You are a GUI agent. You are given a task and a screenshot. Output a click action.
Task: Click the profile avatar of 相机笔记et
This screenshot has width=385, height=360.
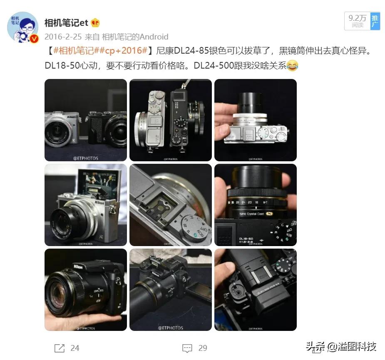[x=23, y=27]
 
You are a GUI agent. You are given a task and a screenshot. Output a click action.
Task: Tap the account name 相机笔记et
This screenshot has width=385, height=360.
[x=66, y=23]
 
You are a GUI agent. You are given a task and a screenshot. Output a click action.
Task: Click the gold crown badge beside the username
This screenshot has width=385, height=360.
[x=95, y=23]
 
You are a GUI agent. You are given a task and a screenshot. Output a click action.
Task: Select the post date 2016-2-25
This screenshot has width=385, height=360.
[x=63, y=37]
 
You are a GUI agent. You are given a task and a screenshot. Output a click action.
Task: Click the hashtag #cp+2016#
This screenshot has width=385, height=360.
[x=129, y=51]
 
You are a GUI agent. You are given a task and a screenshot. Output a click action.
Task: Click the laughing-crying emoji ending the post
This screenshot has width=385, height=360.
[x=293, y=65]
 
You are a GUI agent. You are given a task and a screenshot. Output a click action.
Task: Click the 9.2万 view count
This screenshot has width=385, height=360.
[x=357, y=21]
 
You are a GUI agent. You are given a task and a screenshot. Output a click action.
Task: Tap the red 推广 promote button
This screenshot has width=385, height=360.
[x=375, y=21]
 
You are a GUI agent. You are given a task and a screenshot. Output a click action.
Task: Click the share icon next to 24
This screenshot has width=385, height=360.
[x=60, y=348]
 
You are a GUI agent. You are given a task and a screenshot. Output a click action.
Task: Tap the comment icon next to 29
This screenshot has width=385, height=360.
[x=187, y=348]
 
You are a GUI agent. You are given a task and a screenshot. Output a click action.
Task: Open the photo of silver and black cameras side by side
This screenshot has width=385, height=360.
[x=86, y=120]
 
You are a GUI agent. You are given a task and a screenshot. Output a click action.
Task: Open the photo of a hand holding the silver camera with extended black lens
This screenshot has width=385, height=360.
[x=255, y=120]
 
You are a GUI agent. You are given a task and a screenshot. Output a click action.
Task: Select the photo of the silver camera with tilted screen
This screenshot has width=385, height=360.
[x=86, y=205]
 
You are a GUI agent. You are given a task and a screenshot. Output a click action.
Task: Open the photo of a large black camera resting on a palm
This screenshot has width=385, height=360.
[x=86, y=290]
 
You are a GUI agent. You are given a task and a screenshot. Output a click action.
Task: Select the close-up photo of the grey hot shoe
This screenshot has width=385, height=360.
[x=171, y=205]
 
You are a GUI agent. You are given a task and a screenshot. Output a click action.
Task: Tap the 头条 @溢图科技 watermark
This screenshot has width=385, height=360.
[x=341, y=346]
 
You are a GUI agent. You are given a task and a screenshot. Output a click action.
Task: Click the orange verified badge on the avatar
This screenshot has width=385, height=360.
[x=35, y=39]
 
